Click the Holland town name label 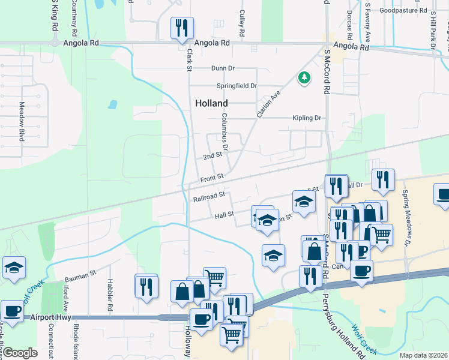(211, 103)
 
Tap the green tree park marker (304, 78)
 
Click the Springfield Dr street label (237, 86)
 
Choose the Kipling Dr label (307, 118)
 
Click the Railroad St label (209, 196)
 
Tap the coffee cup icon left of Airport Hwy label (12, 311)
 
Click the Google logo (20, 353)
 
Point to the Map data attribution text (423, 355)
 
